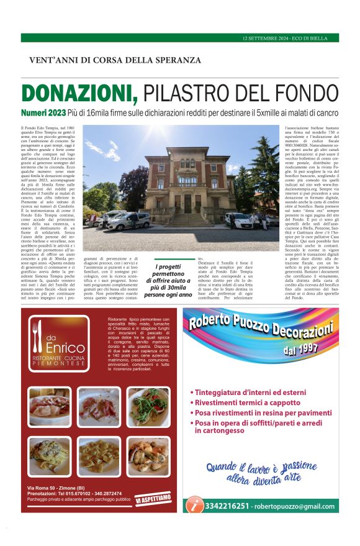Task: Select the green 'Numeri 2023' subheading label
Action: [x=43, y=113]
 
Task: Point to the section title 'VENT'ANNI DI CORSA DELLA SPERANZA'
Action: [x=115, y=60]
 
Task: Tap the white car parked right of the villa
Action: [x=238, y=220]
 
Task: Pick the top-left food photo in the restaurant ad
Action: [x=49, y=407]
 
